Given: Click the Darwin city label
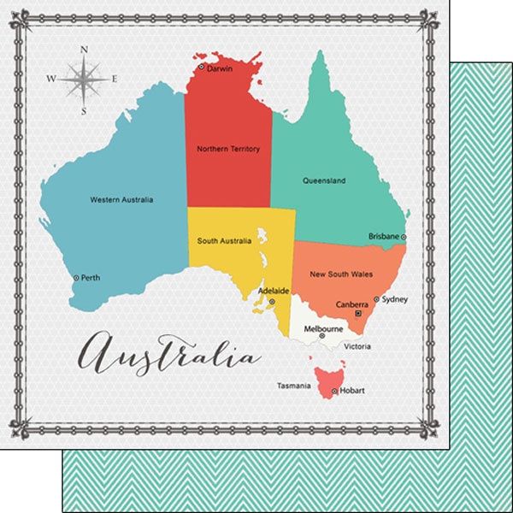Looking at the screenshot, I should point(220,68).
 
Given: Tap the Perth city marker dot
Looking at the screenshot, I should point(76,278).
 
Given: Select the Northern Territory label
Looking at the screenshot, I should point(228,149).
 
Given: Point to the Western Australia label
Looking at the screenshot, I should point(121,200).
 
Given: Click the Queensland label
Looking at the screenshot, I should point(324,180).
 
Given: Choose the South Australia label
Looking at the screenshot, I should point(224,241).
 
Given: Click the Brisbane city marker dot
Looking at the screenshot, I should point(404,237).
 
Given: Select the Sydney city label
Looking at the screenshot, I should point(395,299).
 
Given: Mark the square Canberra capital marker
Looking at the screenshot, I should point(358,314).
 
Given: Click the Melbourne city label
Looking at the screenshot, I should point(324,328).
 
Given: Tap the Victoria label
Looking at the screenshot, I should point(357,346).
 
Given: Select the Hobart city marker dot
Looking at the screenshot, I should point(334,392).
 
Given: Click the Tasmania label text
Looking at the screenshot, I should point(293,386).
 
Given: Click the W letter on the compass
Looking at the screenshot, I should point(50,80).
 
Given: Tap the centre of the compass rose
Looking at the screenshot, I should point(84,80).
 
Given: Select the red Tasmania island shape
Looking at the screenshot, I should point(326,378).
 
